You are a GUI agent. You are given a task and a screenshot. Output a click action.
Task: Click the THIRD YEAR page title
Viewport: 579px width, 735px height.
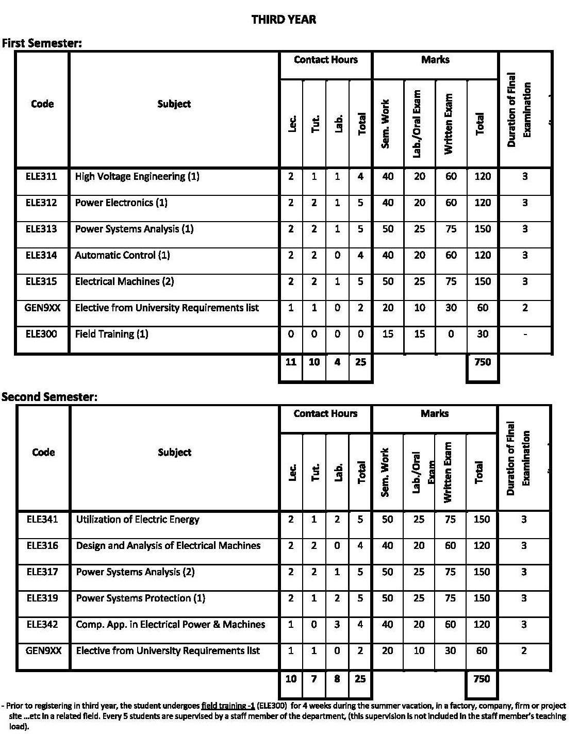[284, 20]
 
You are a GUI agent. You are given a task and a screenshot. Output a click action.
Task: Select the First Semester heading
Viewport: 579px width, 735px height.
[42, 43]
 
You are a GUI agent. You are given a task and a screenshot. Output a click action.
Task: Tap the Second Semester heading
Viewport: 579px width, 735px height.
[49, 397]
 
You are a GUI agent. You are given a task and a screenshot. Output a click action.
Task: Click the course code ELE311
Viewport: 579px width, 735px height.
[41, 176]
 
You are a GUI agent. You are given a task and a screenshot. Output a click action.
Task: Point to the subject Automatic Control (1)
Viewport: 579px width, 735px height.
[122, 255]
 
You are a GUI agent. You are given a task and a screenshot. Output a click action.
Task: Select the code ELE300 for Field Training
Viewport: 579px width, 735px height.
[41, 334]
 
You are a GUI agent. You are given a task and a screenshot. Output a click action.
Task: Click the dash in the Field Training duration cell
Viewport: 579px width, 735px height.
[524, 335]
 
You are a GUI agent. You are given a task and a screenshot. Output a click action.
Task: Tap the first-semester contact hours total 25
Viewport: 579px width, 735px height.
[360, 362]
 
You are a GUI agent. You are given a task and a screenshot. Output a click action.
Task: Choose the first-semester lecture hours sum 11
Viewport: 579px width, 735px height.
[291, 362]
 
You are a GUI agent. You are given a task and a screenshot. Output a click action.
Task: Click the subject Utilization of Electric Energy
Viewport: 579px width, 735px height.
[138, 520]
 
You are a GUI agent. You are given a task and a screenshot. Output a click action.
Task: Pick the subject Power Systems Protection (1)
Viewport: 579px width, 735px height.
[140, 598]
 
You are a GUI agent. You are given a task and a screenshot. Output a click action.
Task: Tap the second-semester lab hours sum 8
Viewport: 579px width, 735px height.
[337, 679]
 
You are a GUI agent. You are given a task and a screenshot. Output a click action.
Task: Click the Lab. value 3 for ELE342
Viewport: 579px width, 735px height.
[337, 625]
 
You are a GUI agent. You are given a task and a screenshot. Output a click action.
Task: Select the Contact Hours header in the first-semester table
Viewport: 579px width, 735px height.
[325, 60]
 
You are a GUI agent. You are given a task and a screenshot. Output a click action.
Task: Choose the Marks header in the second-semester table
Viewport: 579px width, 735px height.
[435, 414]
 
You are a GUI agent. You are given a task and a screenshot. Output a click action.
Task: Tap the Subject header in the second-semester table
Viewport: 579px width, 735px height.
[174, 453]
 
